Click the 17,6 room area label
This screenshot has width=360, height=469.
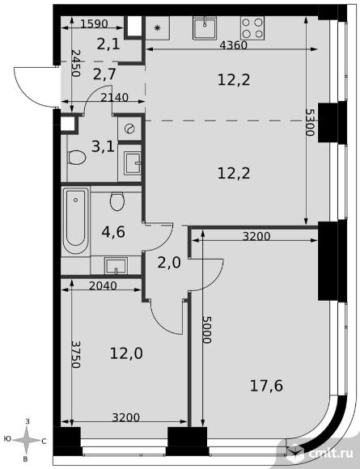266,386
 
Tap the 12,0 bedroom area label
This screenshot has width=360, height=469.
126,353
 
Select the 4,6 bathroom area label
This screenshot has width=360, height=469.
113,232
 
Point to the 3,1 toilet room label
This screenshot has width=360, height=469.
103,147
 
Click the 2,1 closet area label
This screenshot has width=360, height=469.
108,44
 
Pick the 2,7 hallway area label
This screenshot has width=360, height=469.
104,74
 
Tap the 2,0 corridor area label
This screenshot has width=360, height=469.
169,263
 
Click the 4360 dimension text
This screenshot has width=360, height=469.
233,45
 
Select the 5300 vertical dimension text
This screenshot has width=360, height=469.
310,122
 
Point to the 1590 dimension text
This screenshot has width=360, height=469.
94,23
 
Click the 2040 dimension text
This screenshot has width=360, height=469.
103,286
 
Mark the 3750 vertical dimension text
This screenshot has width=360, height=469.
76,354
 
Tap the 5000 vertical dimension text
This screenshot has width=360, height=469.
207,329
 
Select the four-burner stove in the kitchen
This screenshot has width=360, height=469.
252,27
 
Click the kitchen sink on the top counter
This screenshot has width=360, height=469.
205,27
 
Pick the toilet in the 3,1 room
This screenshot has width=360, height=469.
77,157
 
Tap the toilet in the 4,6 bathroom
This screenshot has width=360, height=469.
116,201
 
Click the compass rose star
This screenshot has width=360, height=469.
27,440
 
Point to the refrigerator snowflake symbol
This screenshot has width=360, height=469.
158,28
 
